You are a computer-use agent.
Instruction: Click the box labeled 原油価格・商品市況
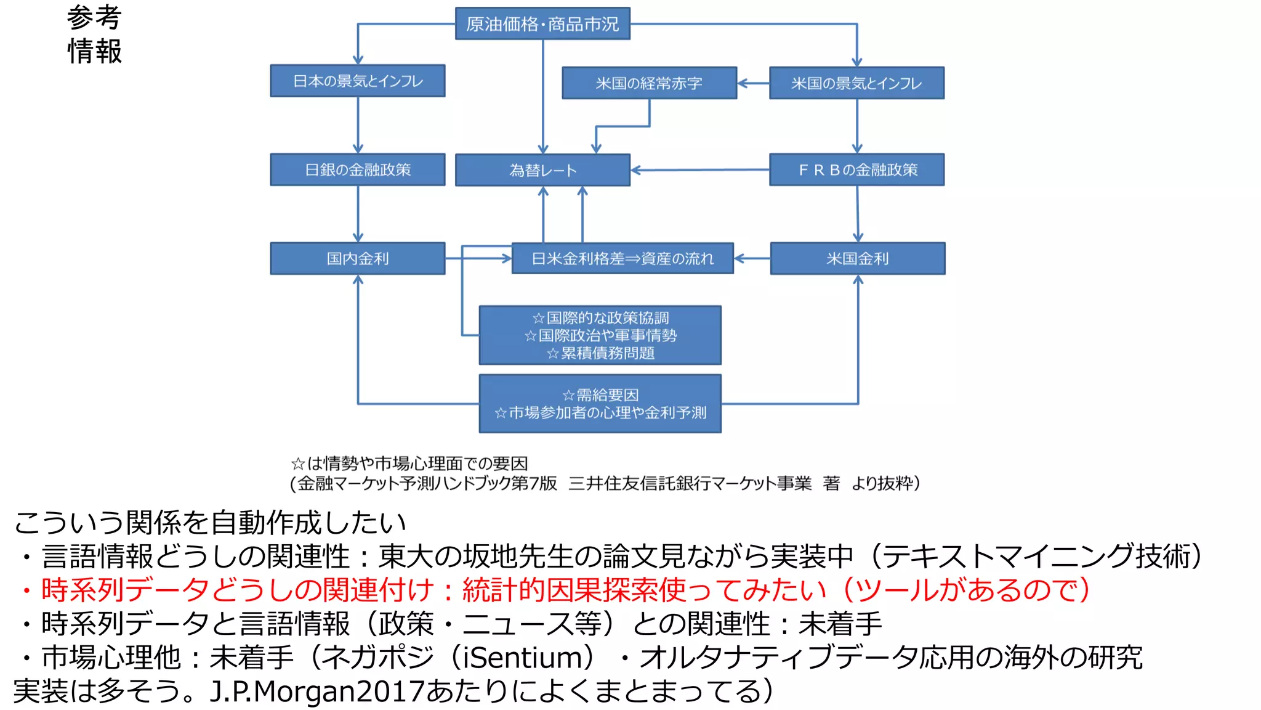(542, 23)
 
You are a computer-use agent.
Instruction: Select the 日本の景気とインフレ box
(358, 81)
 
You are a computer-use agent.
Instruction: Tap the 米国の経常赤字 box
(649, 83)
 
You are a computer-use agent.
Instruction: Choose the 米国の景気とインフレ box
(856, 83)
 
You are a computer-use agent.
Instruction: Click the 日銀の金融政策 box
(358, 169)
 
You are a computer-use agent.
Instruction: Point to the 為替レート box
(542, 170)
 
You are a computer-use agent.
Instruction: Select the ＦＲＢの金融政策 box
(856, 169)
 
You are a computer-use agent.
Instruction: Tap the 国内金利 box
(358, 258)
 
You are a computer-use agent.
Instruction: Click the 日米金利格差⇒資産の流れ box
(622, 258)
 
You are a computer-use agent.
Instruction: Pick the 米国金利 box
(857, 258)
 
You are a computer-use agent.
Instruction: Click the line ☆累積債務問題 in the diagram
(600, 353)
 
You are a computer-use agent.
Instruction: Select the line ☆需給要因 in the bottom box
(600, 395)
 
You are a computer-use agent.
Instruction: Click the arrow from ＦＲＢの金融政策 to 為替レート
(699, 170)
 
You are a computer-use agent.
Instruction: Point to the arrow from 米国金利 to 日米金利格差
(752, 258)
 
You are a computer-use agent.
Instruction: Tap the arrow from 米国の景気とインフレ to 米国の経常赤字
(753, 83)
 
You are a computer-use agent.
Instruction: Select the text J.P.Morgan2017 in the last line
(317, 692)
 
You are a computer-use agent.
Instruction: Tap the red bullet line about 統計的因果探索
(554, 590)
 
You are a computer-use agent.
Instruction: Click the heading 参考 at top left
(94, 17)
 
